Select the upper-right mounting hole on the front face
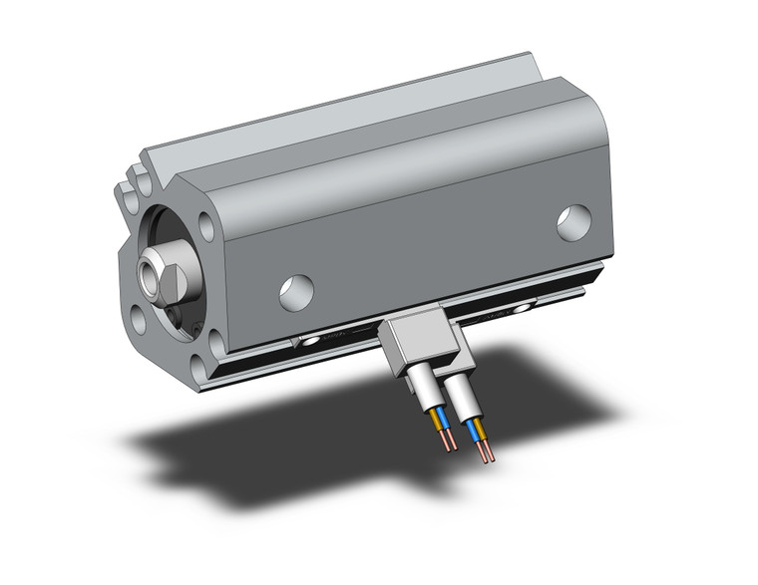[206, 227]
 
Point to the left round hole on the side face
[296, 291]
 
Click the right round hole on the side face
[573, 222]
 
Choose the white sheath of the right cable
[458, 393]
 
